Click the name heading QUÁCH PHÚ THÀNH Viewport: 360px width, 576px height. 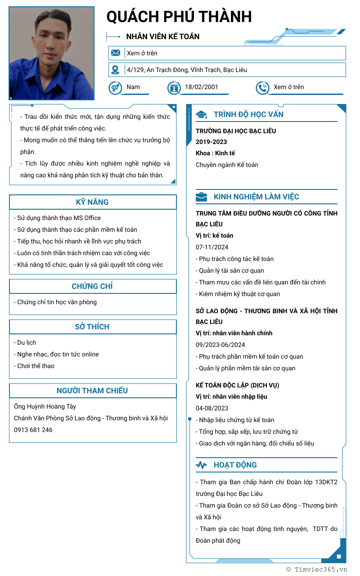tap(179, 17)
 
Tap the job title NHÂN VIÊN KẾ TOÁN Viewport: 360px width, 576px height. tap(163, 36)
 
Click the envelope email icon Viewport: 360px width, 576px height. tap(116, 53)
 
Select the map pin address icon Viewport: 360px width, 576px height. tap(116, 70)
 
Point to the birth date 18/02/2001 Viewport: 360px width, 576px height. tap(201, 87)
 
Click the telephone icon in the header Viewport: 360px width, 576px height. tap(262, 88)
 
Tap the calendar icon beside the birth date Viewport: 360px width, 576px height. tap(174, 88)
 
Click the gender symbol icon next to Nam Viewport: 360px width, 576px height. tap(115, 88)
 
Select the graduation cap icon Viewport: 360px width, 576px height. tap(201, 115)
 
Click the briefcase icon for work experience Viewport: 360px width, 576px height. tap(201, 197)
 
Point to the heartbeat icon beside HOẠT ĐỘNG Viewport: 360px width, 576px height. tap(201, 465)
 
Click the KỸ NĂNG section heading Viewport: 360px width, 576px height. tap(92, 202)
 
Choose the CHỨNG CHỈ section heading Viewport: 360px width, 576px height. tap(92, 286)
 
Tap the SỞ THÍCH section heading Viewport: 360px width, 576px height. tap(92, 327)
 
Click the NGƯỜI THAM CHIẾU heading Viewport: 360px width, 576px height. tap(92, 391)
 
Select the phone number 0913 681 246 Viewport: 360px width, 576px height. tap(33, 430)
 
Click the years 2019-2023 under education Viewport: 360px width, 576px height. tap(211, 142)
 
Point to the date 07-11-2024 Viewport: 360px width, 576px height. tap(212, 247)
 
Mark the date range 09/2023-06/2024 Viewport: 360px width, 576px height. tap(220, 345)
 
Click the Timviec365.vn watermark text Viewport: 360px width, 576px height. tap(317, 569)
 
